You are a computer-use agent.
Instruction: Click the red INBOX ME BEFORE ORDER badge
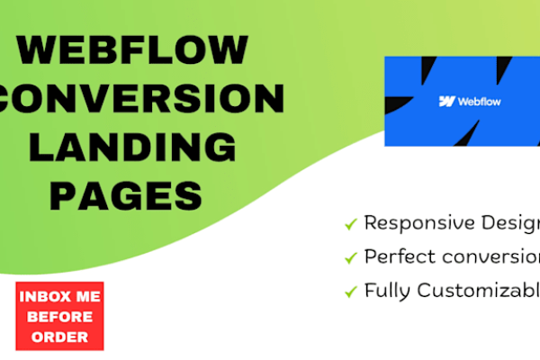(60, 316)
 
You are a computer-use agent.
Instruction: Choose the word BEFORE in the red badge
(60, 316)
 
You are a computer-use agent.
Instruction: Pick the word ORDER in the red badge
(60, 337)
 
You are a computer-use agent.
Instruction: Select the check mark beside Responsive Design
(350, 224)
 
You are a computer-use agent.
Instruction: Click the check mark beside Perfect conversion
(350, 257)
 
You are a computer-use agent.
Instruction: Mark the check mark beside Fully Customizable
(350, 291)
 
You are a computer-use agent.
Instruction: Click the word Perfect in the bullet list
(393, 256)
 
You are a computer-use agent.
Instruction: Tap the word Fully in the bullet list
(384, 291)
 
